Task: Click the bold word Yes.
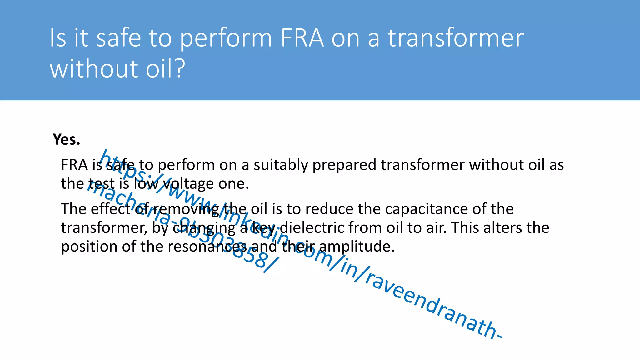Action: click(x=67, y=139)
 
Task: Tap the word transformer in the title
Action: click(x=456, y=38)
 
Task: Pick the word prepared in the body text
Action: click(x=344, y=165)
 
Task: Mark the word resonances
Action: click(x=207, y=247)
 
